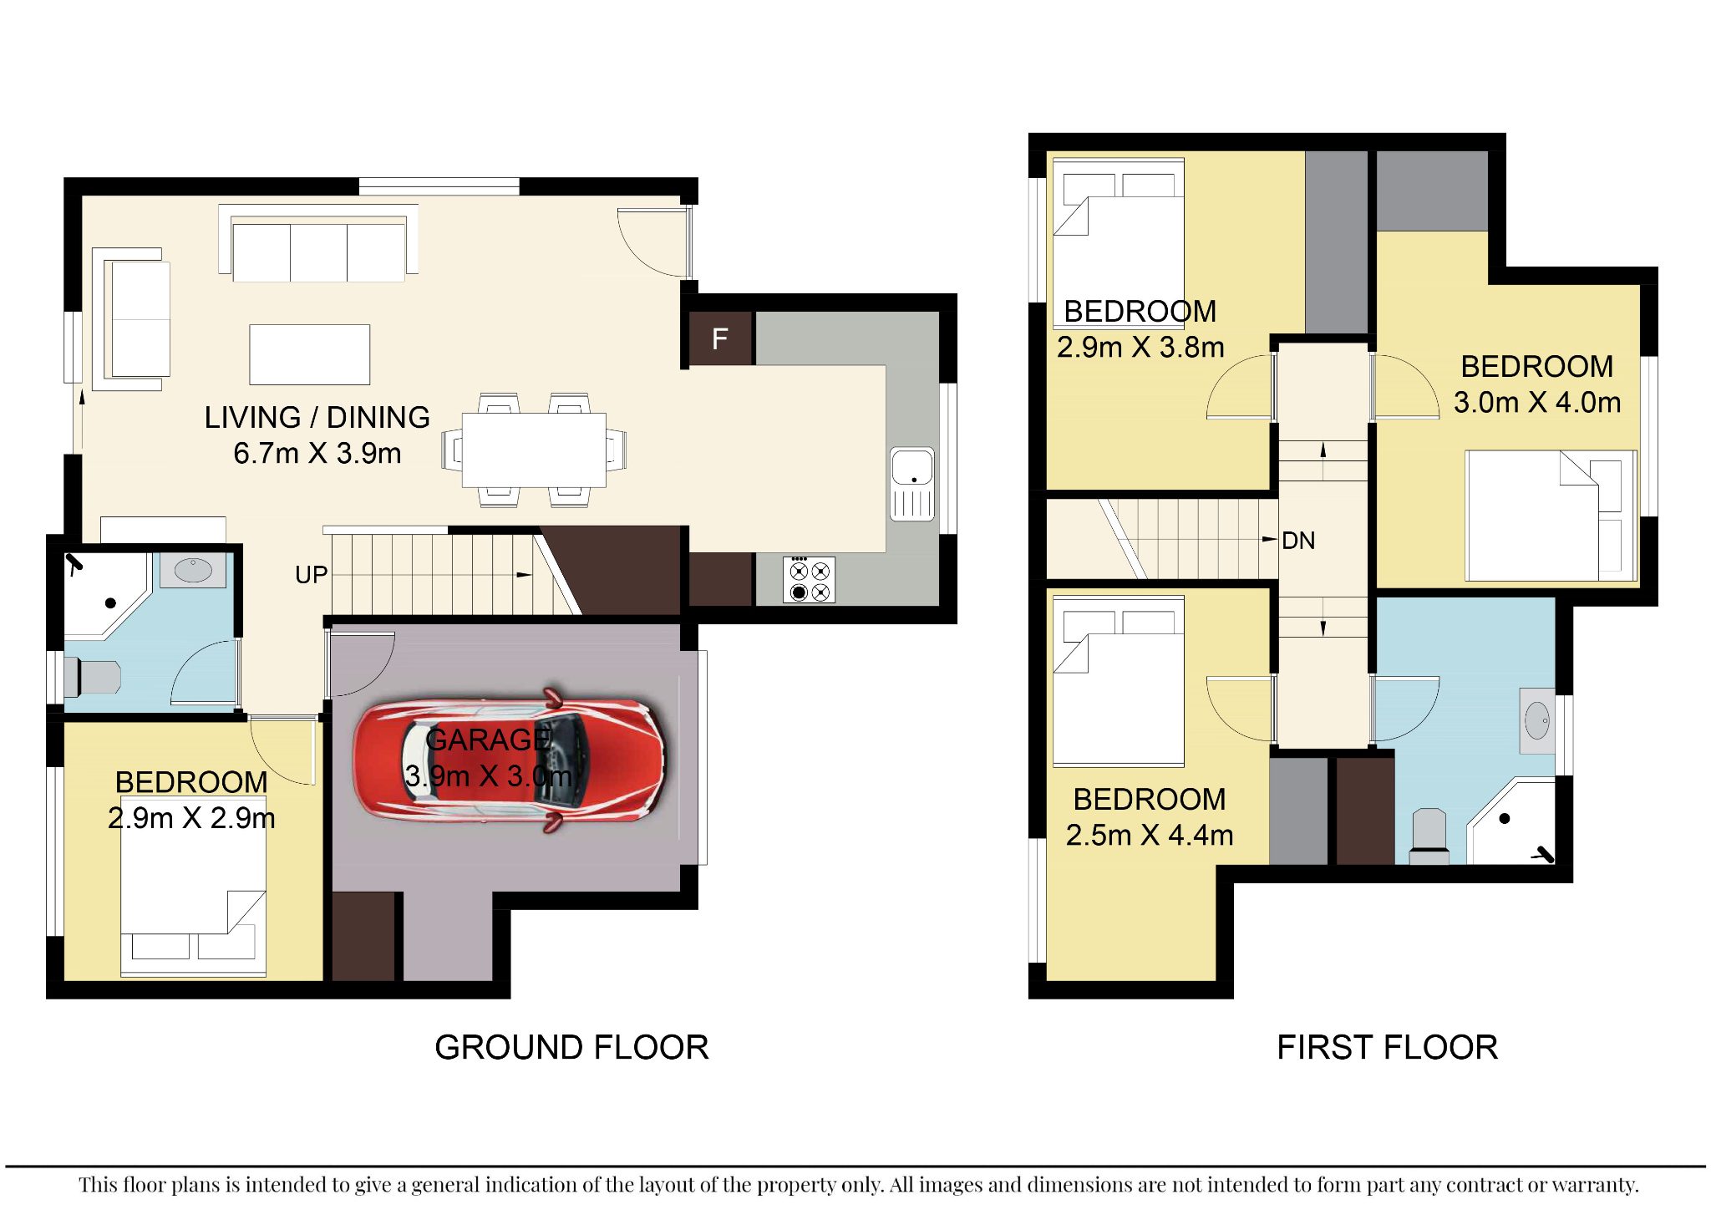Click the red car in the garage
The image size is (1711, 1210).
(x=510, y=760)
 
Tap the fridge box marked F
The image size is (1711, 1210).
(x=720, y=338)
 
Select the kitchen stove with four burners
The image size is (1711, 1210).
(x=809, y=579)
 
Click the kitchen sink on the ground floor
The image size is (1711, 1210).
(x=911, y=484)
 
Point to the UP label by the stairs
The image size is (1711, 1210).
(x=311, y=575)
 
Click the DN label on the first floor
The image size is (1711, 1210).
(x=1298, y=541)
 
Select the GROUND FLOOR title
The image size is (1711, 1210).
(x=571, y=1047)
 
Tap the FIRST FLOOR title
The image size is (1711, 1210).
(x=1387, y=1047)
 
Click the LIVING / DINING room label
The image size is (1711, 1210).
(x=317, y=417)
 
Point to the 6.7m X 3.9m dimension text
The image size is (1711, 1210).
(x=317, y=453)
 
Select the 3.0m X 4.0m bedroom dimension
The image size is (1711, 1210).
(x=1537, y=402)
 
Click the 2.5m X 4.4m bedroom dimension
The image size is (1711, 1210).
(x=1150, y=835)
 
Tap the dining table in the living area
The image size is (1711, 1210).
(x=535, y=450)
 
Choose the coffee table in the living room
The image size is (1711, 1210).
(x=309, y=354)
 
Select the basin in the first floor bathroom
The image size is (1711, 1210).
(x=1537, y=720)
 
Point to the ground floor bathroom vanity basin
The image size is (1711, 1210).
(x=193, y=571)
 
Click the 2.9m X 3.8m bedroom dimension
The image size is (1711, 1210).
(x=1140, y=347)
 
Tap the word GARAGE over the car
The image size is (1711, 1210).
(x=488, y=740)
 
